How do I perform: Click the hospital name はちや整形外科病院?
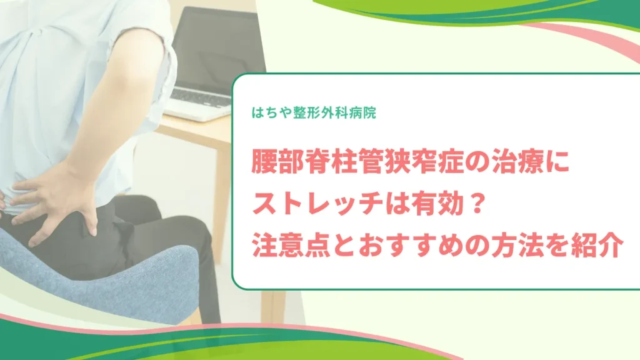coord(314,112)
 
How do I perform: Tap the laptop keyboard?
coord(201,98)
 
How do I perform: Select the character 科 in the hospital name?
coord(341,112)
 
